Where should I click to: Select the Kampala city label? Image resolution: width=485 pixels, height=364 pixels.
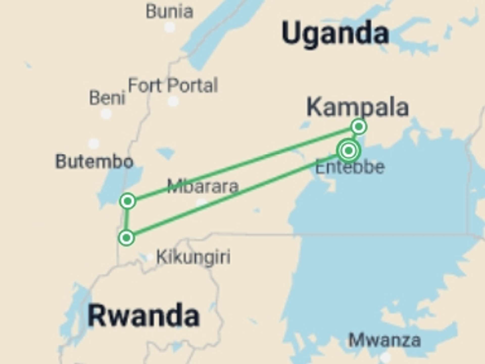coord(357,107)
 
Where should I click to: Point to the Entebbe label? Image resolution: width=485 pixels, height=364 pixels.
coord(350,167)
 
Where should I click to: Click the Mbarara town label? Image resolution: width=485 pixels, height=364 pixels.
coord(203,186)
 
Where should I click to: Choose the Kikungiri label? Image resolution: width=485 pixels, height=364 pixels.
coord(193,257)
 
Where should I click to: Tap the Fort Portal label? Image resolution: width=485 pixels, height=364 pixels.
coord(173,85)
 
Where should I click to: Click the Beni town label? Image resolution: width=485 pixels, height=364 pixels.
coord(107,98)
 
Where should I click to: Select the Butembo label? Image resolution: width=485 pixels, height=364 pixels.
coord(94,162)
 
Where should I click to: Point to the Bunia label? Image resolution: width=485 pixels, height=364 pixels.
coord(169,12)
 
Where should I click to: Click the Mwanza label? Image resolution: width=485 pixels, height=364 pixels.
coord(385,340)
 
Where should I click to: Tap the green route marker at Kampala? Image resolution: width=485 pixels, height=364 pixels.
coord(359,126)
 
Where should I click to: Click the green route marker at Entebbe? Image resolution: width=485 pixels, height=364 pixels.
coord(349,151)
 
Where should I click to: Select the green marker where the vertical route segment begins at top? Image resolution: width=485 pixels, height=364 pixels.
coord(128,201)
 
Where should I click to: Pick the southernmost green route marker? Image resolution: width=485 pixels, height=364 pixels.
coord(127,238)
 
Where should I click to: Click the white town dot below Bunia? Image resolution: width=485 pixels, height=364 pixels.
coord(170,27)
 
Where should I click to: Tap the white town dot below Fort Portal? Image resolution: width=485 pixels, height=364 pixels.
coord(173,101)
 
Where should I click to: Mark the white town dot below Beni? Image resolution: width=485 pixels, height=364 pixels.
coord(106,114)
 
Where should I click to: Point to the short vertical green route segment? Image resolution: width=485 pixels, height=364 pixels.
coord(127,219)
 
